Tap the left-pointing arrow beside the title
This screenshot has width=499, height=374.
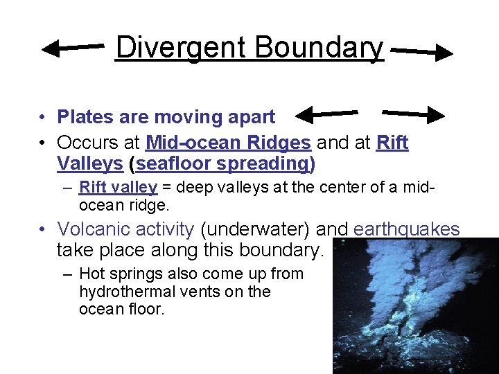coord(73,48)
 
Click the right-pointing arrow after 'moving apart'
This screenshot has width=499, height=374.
coord(413,113)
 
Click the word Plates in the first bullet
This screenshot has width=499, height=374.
coord(80,117)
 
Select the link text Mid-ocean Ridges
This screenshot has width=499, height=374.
coord(228,143)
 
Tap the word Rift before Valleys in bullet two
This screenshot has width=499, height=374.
coord(392,143)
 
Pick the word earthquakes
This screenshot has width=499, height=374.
coord(407,229)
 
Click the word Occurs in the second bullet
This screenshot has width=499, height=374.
coord(84,143)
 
